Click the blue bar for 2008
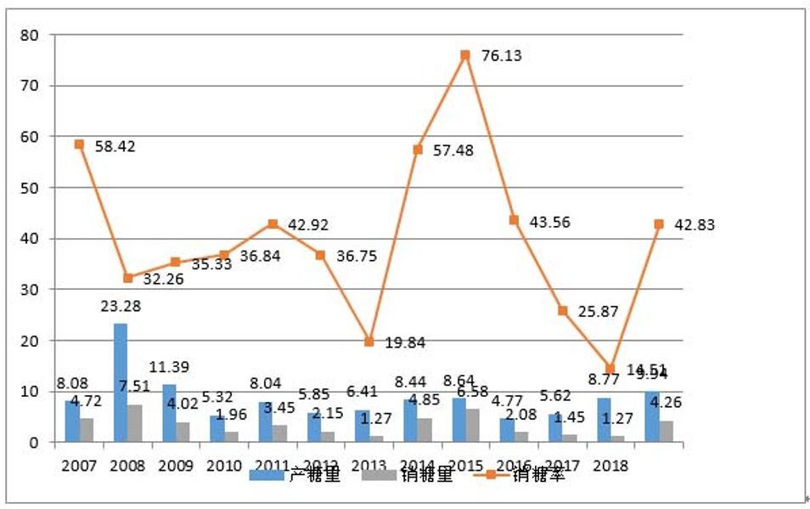click(121, 382)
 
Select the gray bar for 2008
click(135, 423)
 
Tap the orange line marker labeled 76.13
click(465, 55)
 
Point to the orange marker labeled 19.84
click(368, 342)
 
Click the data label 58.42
click(114, 146)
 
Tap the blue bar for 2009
click(169, 413)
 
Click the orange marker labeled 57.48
click(418, 150)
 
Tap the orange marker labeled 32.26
click(127, 278)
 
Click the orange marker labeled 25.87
click(562, 311)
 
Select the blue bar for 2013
click(362, 426)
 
